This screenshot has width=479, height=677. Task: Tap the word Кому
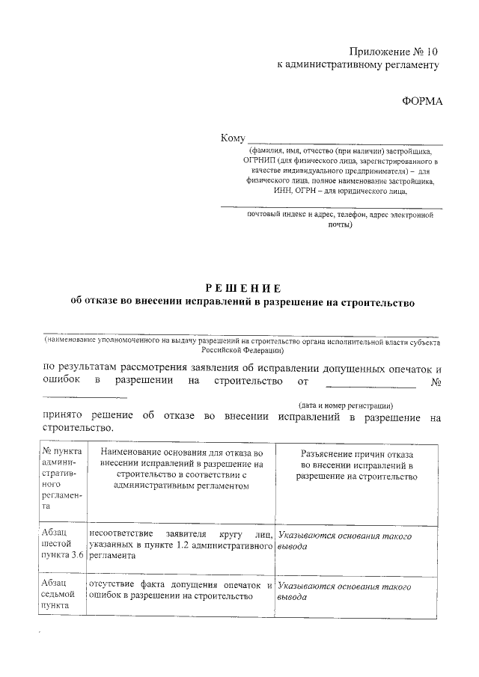(233, 138)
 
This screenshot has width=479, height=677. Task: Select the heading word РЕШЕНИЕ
(243, 288)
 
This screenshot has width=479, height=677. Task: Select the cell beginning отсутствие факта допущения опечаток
(180, 590)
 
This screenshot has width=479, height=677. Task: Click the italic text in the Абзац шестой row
(344, 542)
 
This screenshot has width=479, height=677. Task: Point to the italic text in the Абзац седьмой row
(344, 593)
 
